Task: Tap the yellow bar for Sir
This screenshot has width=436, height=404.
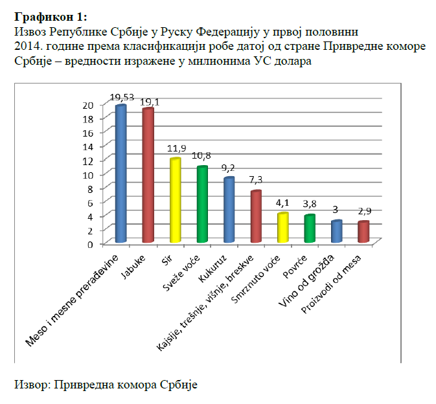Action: point(175,201)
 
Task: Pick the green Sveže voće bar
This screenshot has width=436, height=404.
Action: point(202,205)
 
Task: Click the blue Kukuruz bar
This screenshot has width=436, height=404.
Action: point(229,210)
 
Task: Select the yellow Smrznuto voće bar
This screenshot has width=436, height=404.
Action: point(283,227)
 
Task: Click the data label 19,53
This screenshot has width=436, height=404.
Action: point(121,98)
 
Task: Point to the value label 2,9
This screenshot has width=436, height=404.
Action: point(365,212)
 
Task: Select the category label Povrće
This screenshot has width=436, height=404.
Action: point(295,264)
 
